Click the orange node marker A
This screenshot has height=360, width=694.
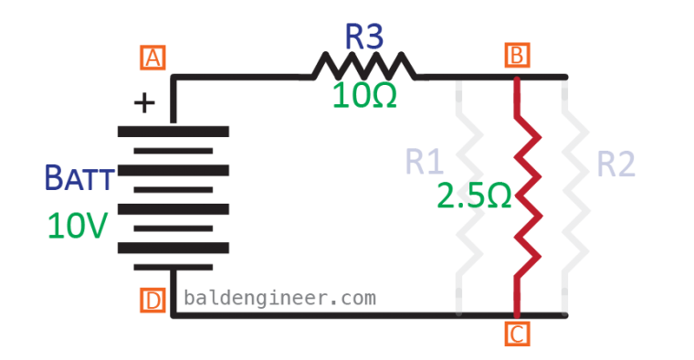click(x=152, y=58)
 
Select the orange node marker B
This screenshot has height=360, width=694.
click(x=517, y=57)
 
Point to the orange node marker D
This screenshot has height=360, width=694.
click(x=152, y=300)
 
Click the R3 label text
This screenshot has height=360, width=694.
click(x=363, y=37)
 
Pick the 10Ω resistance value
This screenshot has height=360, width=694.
click(x=364, y=96)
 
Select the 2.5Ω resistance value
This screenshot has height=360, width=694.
click(x=473, y=196)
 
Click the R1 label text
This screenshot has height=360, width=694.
click(x=425, y=163)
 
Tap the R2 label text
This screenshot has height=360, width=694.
click(x=615, y=164)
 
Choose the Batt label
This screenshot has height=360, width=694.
click(x=80, y=178)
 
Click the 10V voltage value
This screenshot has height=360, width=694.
click(x=79, y=225)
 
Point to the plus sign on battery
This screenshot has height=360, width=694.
click(x=144, y=102)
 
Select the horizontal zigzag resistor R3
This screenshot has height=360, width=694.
click(x=363, y=67)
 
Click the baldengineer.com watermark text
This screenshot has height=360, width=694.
click(x=279, y=298)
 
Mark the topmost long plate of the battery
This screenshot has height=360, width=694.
click(x=173, y=132)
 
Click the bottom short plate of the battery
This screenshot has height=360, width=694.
click(x=173, y=267)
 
